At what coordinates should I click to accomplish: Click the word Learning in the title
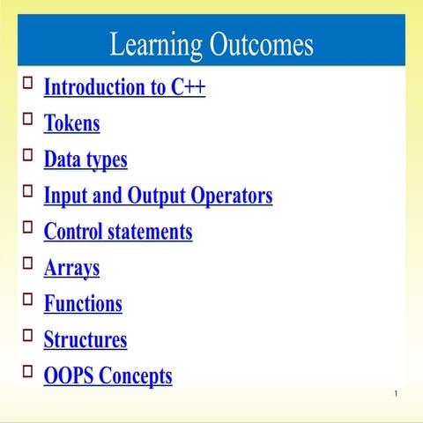click(x=153, y=44)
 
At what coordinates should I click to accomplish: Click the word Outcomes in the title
click(x=261, y=44)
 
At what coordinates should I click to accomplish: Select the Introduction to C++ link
click(x=124, y=87)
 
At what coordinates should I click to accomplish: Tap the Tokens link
click(x=71, y=123)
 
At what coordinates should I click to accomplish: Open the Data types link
click(x=85, y=160)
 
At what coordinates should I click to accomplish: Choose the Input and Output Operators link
click(x=158, y=196)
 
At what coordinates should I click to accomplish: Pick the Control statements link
click(x=117, y=232)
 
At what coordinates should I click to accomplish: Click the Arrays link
click(x=71, y=268)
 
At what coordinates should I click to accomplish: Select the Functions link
click(x=83, y=304)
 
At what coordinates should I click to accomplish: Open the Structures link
click(x=85, y=340)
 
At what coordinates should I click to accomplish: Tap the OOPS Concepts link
click(x=108, y=376)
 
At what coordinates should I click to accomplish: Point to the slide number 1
click(x=397, y=393)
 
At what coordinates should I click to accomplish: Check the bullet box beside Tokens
click(x=27, y=117)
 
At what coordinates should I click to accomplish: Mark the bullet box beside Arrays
click(x=27, y=262)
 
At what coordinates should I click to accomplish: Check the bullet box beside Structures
click(x=27, y=334)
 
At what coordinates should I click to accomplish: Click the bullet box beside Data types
click(x=27, y=153)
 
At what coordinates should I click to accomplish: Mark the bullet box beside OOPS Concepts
click(x=27, y=370)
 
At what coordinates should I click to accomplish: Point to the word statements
click(x=149, y=232)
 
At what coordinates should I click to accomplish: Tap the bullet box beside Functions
click(x=27, y=298)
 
